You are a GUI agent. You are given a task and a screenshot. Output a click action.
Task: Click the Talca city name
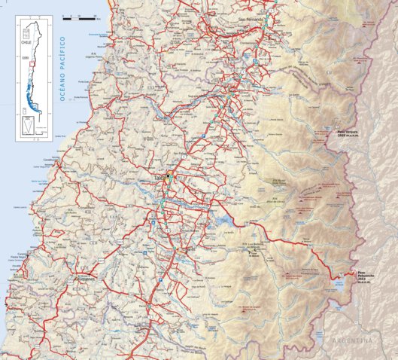pyautogui.click(x=159, y=178)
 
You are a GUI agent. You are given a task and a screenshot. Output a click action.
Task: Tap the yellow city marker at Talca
pyautogui.click(x=170, y=176)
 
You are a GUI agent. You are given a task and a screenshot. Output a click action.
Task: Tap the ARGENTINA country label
pyautogui.click(x=352, y=341)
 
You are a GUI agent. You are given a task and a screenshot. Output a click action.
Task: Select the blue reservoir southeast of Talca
pyautogui.click(x=222, y=222)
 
